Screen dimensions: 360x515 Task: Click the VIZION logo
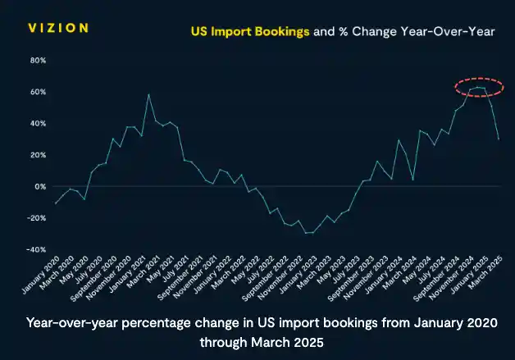tap(57, 28)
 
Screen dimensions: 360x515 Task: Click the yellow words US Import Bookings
tap(250, 33)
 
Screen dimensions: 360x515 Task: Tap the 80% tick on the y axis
tap(38, 61)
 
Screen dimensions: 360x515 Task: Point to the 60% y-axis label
tap(38, 92)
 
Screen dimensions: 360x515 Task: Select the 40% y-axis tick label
tap(38, 124)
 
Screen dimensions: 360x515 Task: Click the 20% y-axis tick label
tap(38, 155)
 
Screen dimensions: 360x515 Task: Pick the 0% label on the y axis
tap(40, 186)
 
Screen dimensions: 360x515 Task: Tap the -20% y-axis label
tap(36, 218)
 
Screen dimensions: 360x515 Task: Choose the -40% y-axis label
tap(36, 249)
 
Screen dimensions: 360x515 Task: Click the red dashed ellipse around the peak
tap(479, 87)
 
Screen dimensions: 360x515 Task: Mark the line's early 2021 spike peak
tap(148, 94)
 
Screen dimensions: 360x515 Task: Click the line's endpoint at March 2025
tap(499, 139)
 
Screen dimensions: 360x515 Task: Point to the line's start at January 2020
tap(55, 203)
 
